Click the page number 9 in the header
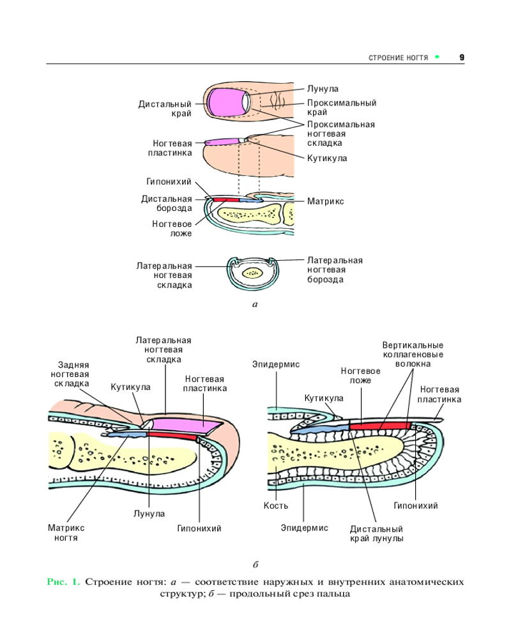coord(462,58)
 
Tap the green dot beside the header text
coord(438,57)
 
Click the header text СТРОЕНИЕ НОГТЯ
coord(399,58)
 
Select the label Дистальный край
coord(165,109)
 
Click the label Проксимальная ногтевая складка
coord(340,134)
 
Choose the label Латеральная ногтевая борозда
coord(335,270)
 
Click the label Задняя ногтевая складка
coord(71,374)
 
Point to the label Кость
coord(276,505)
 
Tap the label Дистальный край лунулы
coord(377,534)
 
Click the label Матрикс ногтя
coord(66,533)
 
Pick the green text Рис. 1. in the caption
coord(63,582)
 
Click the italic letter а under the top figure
coord(255,305)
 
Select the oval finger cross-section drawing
coord(254,273)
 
